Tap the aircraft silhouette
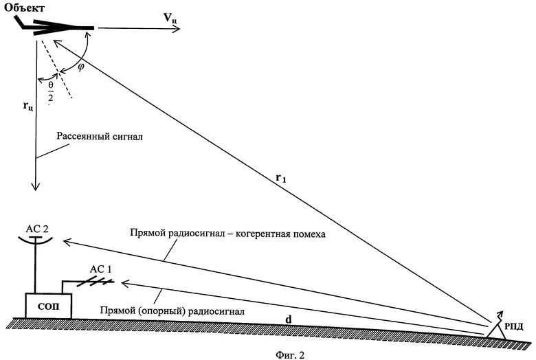point(55,26)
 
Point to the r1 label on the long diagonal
point(281,177)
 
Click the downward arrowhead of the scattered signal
point(34,186)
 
